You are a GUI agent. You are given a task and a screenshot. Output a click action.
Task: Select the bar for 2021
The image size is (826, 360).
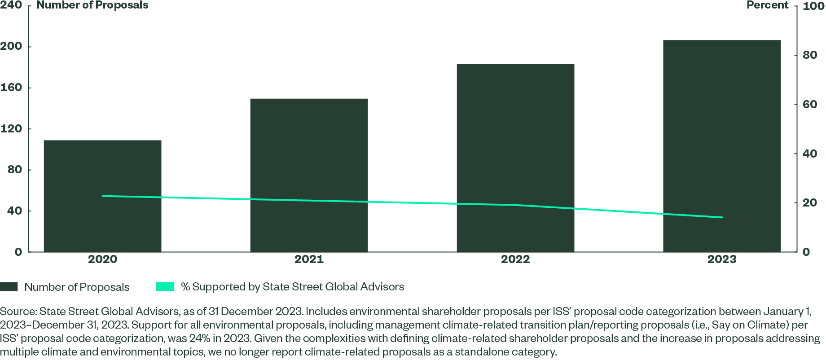pyautogui.click(x=309, y=175)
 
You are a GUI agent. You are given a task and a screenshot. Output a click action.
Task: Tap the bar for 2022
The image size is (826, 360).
pyautogui.click(x=515, y=158)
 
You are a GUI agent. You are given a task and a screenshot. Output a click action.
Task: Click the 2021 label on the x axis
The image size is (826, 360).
pyautogui.click(x=309, y=259)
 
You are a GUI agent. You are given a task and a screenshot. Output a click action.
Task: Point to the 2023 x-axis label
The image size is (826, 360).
pyautogui.click(x=722, y=259)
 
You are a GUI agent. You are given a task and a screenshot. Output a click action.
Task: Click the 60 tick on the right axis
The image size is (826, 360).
pyautogui.click(x=809, y=105)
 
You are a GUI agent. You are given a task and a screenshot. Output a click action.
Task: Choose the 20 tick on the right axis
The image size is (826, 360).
pyautogui.click(x=809, y=203)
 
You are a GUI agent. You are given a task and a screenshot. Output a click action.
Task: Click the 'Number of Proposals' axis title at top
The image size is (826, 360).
pyautogui.click(x=92, y=5)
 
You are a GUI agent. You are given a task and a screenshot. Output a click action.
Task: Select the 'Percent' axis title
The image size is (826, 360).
pyautogui.click(x=767, y=5)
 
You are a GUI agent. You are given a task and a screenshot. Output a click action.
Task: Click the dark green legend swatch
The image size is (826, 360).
pyautogui.click(x=9, y=287)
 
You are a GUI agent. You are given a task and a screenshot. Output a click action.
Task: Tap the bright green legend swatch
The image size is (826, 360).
pyautogui.click(x=165, y=287)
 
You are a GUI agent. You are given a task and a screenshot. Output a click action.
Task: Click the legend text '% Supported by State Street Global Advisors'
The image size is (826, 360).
pyautogui.click(x=292, y=287)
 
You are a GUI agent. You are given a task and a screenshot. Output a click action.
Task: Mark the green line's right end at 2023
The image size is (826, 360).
pyautogui.click(x=722, y=217)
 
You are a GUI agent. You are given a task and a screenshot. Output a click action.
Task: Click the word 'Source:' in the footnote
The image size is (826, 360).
pyautogui.click(x=18, y=312)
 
